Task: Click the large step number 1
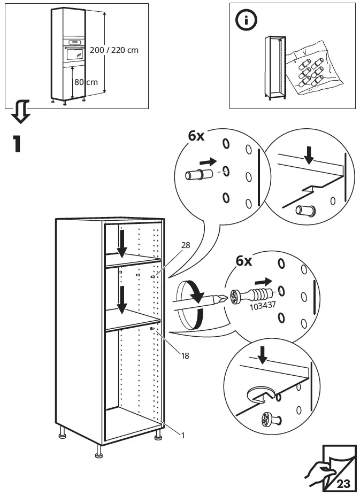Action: point(17,144)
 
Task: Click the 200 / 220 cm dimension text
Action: point(114,50)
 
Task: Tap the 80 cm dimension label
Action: point(86,82)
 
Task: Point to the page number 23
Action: point(343,485)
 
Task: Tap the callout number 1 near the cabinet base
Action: point(182,435)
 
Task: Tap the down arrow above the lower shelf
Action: point(122,300)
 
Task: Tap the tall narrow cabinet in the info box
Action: point(273,68)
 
